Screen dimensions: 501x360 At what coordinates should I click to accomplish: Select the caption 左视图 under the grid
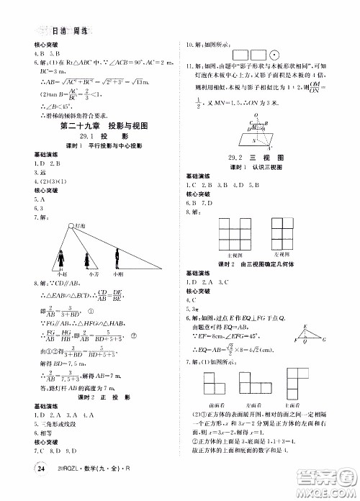click(x=280, y=254)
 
